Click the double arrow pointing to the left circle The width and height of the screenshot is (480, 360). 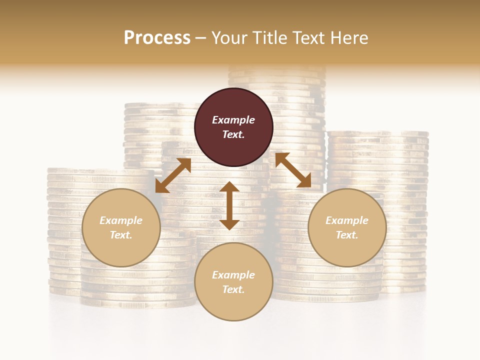173,175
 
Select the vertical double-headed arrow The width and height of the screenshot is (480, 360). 229,205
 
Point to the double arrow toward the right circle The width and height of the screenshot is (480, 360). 293,170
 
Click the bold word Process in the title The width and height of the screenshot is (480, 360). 157,37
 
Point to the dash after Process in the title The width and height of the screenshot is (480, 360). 200,38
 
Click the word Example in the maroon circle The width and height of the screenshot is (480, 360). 233,120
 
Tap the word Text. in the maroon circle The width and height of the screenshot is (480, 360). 233,134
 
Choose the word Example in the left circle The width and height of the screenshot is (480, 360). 121,220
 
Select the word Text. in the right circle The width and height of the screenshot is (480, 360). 347,235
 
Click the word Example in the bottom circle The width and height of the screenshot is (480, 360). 233,275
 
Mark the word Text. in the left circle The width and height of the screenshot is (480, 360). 121,235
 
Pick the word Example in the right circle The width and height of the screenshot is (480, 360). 347,220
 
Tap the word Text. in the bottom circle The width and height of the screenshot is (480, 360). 233,289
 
